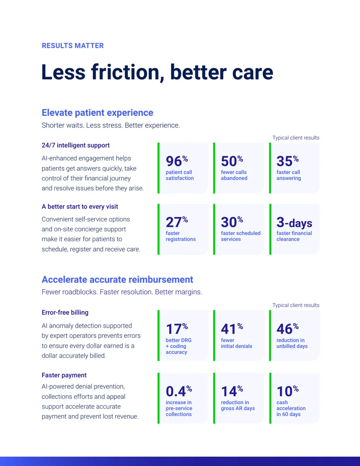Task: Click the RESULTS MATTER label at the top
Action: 73,46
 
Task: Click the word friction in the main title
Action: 128,72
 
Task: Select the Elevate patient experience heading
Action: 98,113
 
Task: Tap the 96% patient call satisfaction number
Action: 177,161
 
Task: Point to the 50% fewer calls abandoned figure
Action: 232,161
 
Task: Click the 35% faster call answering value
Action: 288,161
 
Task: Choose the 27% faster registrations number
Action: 177,222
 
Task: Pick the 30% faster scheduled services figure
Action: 232,222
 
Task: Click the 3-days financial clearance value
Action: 294,222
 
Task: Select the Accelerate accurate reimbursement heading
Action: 117,279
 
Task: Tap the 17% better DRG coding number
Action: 177,329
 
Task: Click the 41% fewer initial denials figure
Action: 232,329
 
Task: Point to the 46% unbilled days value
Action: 288,329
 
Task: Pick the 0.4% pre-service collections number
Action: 179,391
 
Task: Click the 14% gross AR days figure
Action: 232,391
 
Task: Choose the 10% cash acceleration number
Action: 288,391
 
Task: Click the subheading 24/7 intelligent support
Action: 76,145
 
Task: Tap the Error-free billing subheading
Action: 65,312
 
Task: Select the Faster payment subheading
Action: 64,375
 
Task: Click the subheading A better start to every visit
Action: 80,207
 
